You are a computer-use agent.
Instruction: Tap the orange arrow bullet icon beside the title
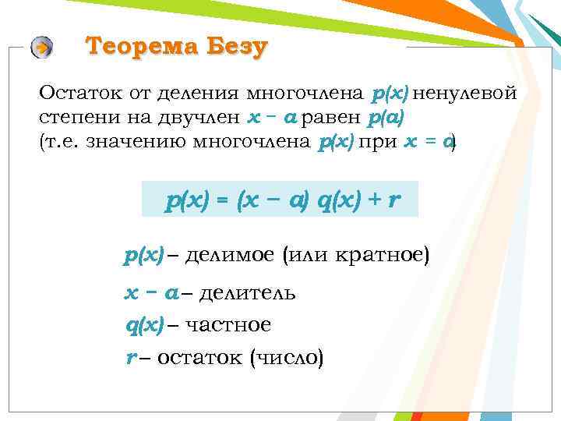(42, 48)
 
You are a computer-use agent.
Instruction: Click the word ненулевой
(467, 94)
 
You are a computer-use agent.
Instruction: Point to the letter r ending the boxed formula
(393, 201)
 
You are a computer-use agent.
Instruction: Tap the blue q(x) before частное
(144, 325)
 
